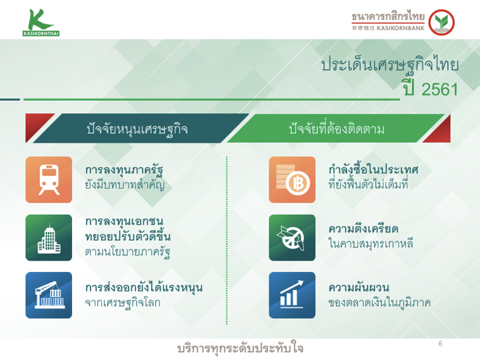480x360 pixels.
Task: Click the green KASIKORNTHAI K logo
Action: tap(41, 23)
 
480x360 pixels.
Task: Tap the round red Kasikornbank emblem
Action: tap(441, 23)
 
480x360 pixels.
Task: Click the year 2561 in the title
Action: tap(439, 89)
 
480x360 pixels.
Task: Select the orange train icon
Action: tap(49, 180)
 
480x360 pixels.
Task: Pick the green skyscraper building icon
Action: tap(49, 237)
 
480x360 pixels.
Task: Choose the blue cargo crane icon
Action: tap(49, 295)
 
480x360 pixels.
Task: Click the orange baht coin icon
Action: tap(292, 180)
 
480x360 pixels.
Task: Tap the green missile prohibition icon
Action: tap(292, 237)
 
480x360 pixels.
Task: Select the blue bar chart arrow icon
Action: tap(292, 295)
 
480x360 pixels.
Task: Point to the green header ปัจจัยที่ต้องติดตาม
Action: tap(335, 128)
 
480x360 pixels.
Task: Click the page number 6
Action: tap(440, 343)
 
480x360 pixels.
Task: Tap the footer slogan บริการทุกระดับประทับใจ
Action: tap(240, 349)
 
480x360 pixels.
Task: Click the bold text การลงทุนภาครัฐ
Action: tap(124, 170)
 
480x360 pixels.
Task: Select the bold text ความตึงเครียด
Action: tap(363, 229)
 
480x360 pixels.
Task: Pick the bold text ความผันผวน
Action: tap(359, 287)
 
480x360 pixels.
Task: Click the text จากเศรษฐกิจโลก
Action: tap(123, 303)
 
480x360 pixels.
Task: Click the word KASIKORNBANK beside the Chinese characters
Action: tap(401, 28)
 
